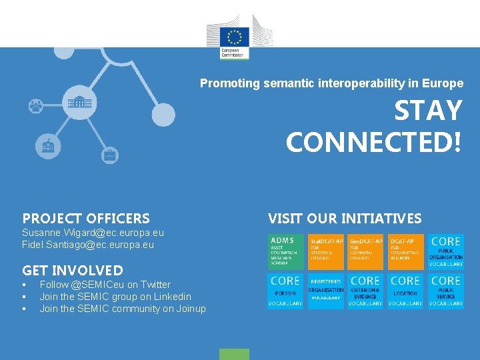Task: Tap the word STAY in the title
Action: click(428, 111)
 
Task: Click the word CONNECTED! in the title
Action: click(373, 142)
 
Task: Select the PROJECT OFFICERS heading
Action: click(86, 219)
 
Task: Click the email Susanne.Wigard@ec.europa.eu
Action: click(93, 233)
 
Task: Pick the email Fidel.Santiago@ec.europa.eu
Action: click(88, 245)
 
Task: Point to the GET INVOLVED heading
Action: click(73, 271)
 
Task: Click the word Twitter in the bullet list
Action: click(155, 285)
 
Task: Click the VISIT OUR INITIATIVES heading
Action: click(345, 219)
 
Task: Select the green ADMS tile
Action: click(285, 251)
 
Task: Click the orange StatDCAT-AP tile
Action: click(325, 251)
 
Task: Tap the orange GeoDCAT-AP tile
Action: click(365, 251)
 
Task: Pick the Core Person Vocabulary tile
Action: click(285, 291)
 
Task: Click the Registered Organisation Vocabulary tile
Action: click(325, 291)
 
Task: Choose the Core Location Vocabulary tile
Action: click(405, 291)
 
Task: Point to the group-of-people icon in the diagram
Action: click(35, 105)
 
